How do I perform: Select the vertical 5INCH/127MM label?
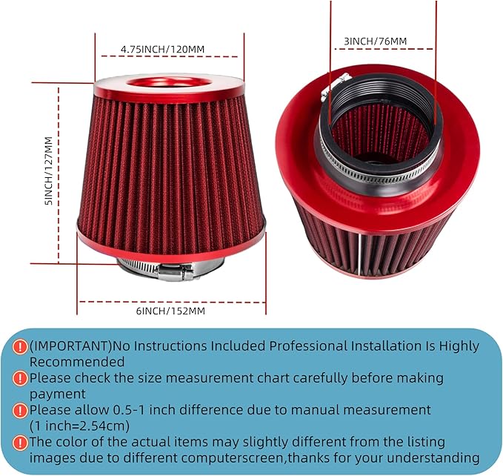48,171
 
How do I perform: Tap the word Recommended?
77,362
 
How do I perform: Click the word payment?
58,394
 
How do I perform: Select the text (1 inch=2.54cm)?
81,426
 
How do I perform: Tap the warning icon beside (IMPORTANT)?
21,346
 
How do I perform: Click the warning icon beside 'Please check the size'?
21,378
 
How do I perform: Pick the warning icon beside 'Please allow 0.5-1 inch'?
21,410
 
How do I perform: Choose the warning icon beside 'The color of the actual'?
21,442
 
